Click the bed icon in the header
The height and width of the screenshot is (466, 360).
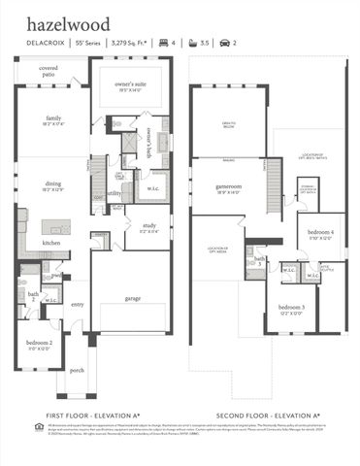163,43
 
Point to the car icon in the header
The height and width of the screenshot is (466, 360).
225,43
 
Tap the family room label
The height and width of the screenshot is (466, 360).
52,118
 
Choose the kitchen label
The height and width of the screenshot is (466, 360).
51,243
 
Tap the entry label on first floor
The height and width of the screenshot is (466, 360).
77,304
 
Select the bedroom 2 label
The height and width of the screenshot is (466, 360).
40,343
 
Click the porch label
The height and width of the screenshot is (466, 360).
77,370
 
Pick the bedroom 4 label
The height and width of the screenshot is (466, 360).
321,233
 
